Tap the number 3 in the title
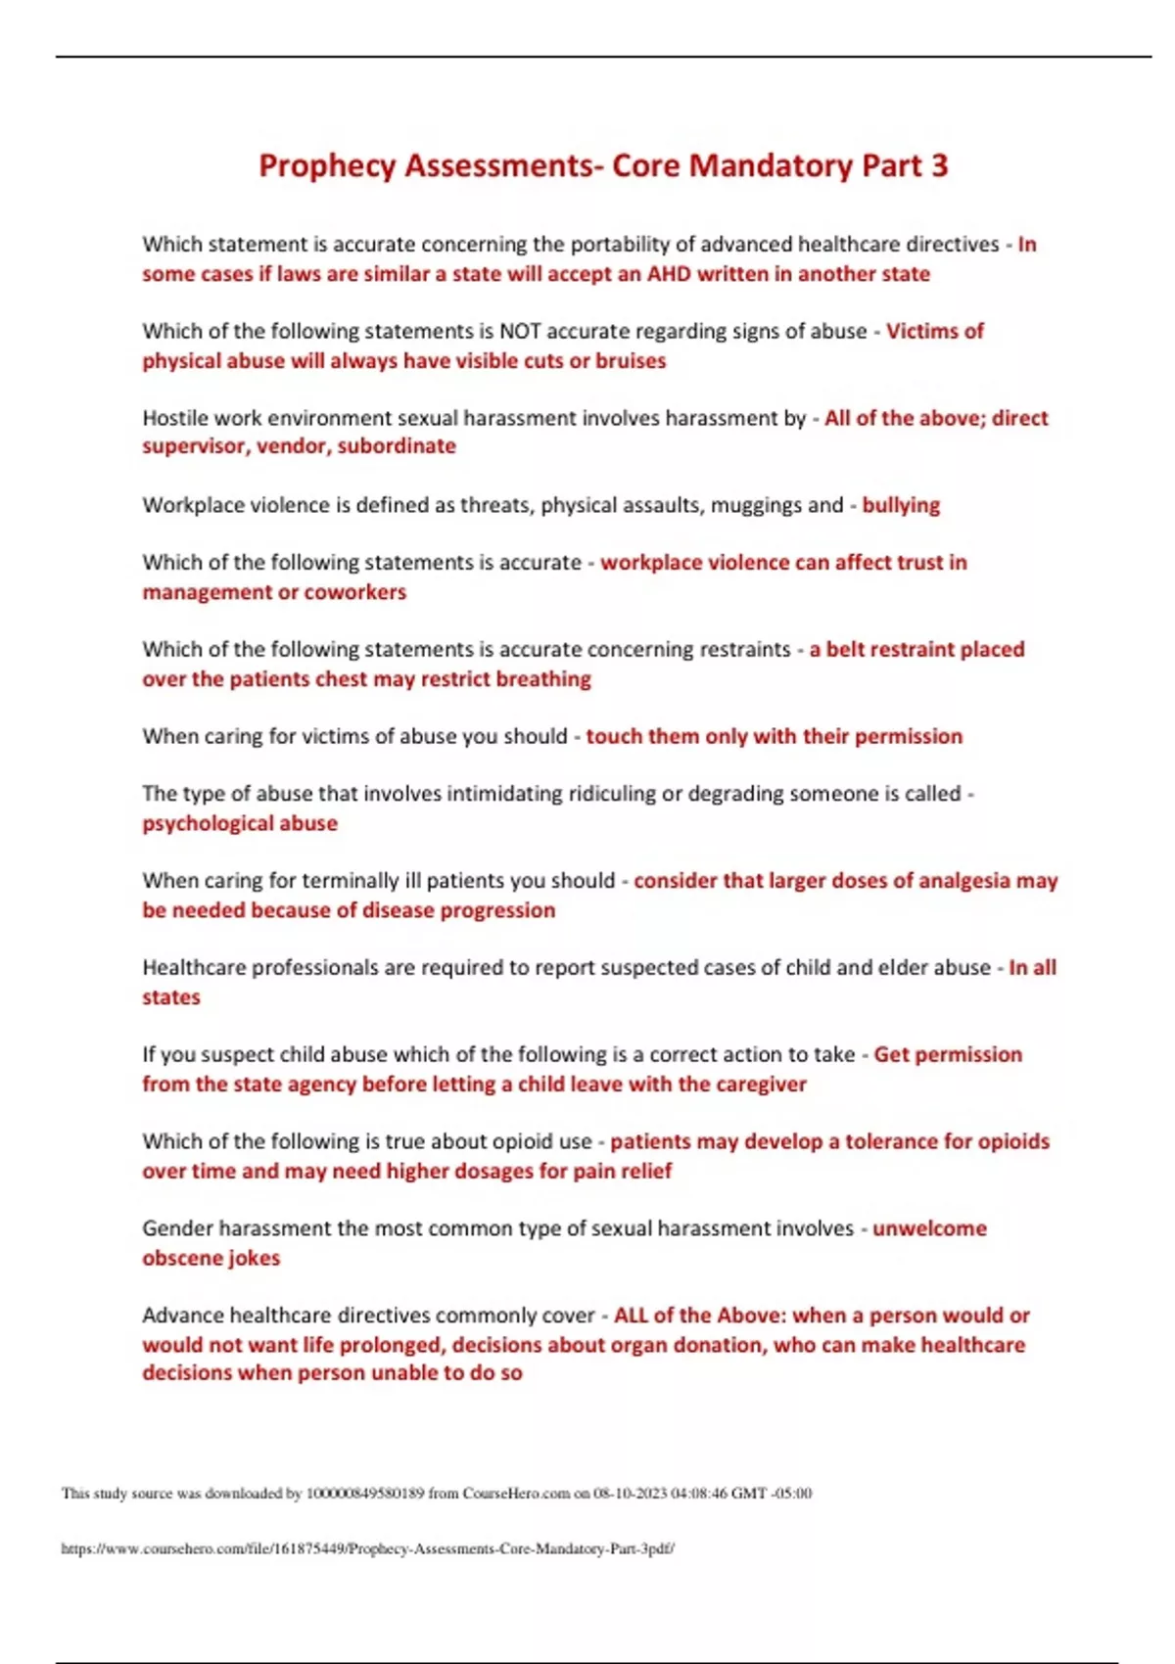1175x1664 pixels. (x=939, y=165)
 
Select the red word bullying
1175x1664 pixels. (x=900, y=505)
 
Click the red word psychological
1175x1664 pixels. (x=194, y=823)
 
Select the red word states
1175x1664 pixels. (x=171, y=997)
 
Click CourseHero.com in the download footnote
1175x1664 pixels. (x=516, y=1494)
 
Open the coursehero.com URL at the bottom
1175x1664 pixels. (x=367, y=1549)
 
